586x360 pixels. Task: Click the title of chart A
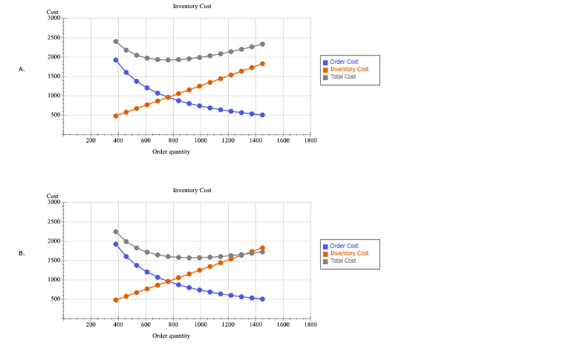click(192, 6)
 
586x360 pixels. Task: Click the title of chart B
click(192, 190)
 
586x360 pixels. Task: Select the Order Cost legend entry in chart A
click(344, 62)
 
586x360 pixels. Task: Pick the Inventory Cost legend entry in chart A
click(348, 69)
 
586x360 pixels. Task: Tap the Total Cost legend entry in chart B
click(342, 261)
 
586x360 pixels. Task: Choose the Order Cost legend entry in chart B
click(344, 246)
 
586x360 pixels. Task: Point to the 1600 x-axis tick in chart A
click(283, 140)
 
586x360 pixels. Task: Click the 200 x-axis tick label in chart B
click(91, 324)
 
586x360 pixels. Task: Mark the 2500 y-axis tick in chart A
click(54, 38)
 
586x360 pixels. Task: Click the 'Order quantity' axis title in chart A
click(171, 151)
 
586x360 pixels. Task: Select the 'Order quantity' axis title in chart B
click(171, 336)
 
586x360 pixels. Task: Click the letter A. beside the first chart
click(22, 69)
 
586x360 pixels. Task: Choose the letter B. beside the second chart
click(22, 253)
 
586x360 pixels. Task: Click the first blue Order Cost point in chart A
click(116, 60)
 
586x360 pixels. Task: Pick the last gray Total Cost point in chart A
click(262, 44)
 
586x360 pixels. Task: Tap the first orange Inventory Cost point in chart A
click(116, 116)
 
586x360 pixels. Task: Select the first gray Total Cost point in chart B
click(116, 232)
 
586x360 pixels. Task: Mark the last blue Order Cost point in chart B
click(262, 299)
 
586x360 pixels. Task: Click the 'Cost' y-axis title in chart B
click(53, 196)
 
